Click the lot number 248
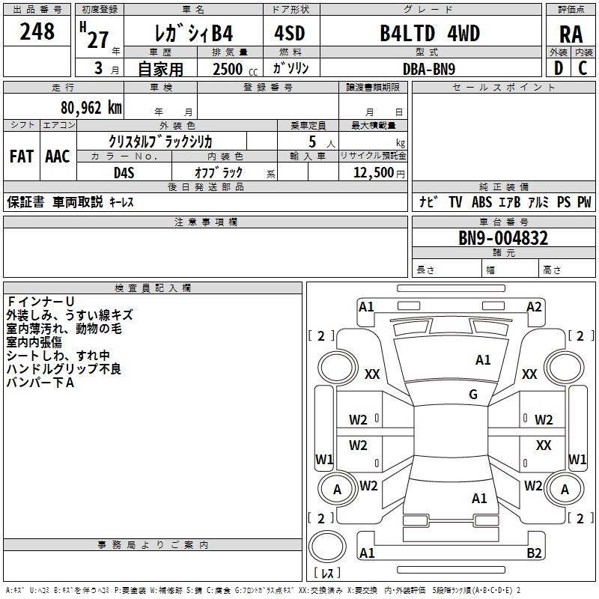37,31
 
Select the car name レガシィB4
192,34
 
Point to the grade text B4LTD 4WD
429,34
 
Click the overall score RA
571,34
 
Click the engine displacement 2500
228,69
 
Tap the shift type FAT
21,156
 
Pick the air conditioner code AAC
58,156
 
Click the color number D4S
124,172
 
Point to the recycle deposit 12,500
373,172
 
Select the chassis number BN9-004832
503,239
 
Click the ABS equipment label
481,202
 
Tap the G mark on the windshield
473,395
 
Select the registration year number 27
98,39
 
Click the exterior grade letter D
558,68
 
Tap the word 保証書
25,202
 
